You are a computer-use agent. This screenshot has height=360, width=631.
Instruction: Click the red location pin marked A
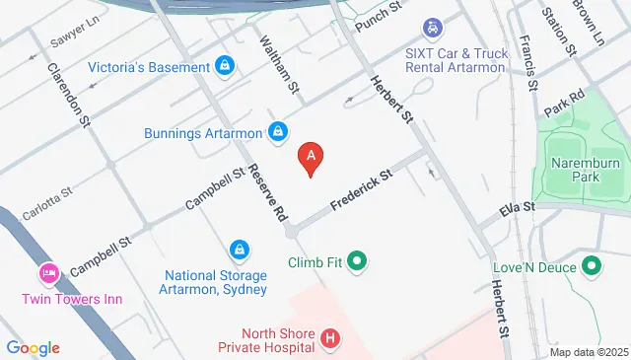tap(312, 157)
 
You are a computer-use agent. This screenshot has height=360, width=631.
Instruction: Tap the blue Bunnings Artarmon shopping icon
tap(279, 131)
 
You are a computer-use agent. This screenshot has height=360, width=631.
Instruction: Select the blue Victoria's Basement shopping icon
tap(225, 67)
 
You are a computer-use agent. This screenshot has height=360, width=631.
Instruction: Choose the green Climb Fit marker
tap(357, 262)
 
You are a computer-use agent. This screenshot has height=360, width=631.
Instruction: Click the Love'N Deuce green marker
tap(592, 266)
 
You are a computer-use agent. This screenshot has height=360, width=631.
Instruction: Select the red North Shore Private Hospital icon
tap(330, 341)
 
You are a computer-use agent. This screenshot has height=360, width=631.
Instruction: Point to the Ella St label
tap(515, 207)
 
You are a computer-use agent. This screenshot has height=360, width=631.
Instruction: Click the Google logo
tap(33, 347)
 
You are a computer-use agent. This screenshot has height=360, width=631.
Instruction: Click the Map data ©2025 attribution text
tap(588, 352)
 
